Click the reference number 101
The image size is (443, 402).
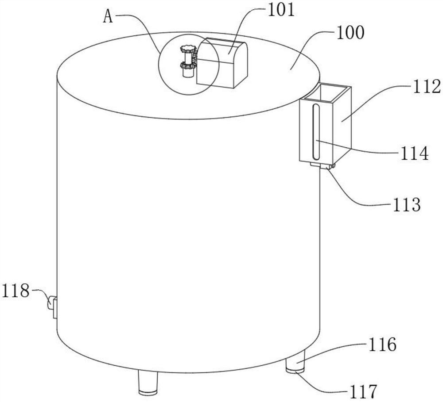click(280, 9)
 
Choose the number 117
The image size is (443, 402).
click(362, 391)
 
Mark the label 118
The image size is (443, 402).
click(16, 291)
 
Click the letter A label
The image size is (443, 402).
click(108, 16)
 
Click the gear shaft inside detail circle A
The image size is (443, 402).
click(188, 62)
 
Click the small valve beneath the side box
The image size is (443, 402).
click(322, 166)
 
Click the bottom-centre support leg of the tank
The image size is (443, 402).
click(148, 382)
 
